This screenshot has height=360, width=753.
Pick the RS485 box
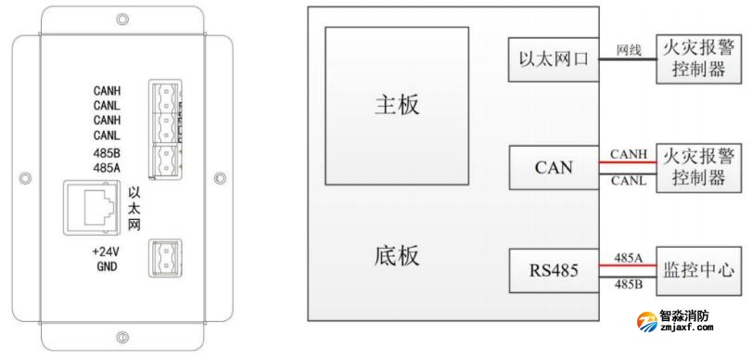tap(554, 272)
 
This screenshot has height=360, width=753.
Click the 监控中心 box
tap(699, 271)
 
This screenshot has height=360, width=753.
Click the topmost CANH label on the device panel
tap(108, 91)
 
